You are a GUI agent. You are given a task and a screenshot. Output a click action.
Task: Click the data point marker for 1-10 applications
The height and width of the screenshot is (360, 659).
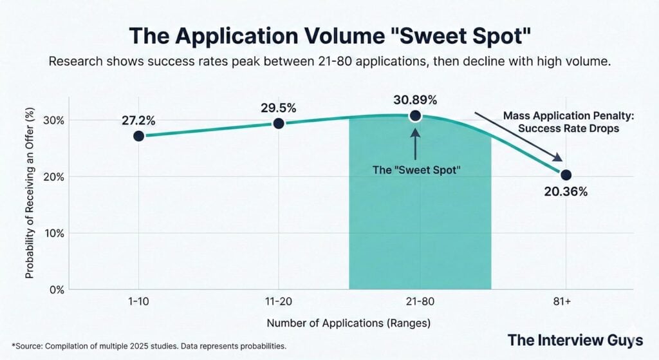click(x=139, y=136)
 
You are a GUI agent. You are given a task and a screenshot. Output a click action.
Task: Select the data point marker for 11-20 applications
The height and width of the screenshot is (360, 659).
click(x=279, y=123)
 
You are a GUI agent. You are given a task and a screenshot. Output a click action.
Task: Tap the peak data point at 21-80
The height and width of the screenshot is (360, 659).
click(x=415, y=116)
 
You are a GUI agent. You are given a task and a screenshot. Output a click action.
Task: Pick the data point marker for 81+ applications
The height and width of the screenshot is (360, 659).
click(x=566, y=175)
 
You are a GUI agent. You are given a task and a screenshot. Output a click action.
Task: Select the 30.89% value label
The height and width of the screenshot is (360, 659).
click(x=415, y=100)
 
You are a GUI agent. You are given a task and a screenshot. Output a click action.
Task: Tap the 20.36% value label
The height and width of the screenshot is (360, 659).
click(x=565, y=192)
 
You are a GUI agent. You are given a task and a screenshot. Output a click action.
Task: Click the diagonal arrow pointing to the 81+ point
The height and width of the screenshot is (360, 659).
click(x=519, y=138)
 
